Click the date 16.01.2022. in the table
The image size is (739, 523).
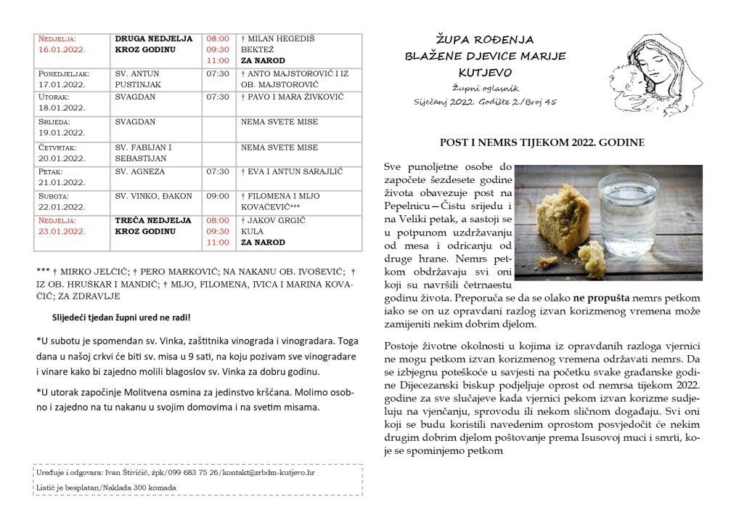[62, 50]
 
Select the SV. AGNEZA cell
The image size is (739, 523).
[140, 172]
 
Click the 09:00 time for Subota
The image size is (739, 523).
[219, 195]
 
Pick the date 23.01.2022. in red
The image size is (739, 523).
[62, 231]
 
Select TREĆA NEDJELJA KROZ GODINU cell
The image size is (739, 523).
[153, 225]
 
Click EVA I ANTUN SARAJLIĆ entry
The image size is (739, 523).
[292, 172]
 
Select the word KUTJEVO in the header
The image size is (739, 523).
[485, 73]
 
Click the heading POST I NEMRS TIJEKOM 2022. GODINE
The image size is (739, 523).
[542, 144]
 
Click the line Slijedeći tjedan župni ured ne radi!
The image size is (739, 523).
[121, 317]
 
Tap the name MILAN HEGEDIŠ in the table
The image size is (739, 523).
[281, 38]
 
